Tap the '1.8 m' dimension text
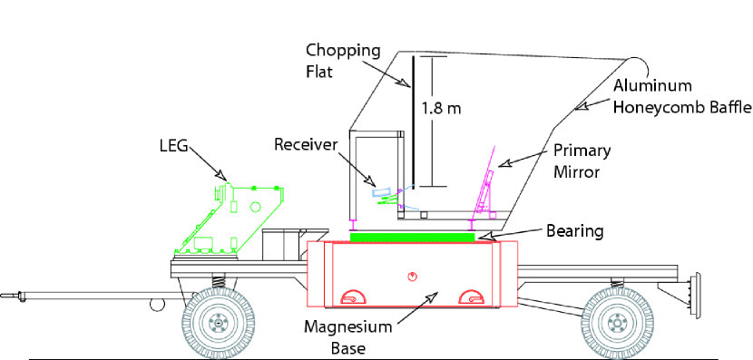[x=442, y=108]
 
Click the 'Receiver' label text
[x=306, y=143]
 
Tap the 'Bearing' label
[x=573, y=231]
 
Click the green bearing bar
[x=413, y=236]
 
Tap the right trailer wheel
[x=616, y=323]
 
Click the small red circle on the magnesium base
[x=413, y=276]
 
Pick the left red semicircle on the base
[x=350, y=297]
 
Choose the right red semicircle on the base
[x=470, y=297]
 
